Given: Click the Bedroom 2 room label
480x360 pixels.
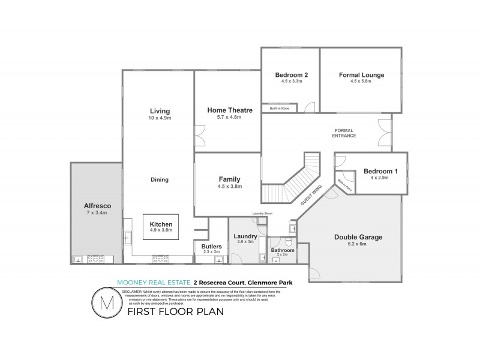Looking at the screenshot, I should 292,75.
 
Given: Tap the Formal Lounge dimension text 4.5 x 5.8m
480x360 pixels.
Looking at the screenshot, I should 361,81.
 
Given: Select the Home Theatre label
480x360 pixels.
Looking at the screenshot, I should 230,110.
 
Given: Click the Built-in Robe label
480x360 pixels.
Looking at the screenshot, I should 280,108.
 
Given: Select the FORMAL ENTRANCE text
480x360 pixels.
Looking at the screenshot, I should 345,133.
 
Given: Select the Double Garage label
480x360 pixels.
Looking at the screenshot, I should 358,237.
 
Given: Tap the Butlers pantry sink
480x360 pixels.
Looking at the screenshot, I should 219,259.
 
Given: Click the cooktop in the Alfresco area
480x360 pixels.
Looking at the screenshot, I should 95,259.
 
